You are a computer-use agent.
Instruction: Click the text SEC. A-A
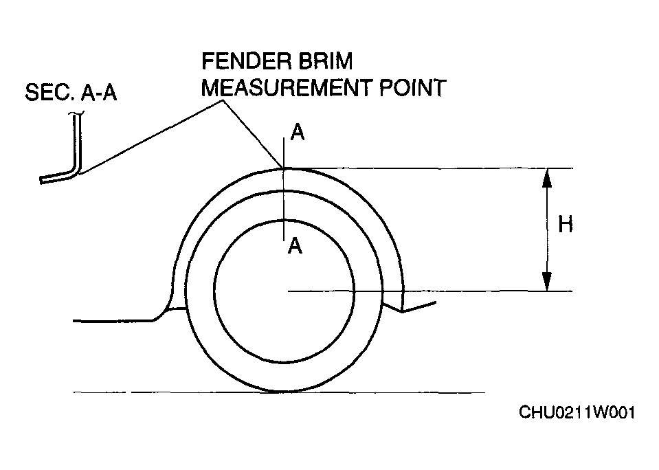[71, 93]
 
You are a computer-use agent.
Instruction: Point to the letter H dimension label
[565, 224]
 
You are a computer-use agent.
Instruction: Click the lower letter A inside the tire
[295, 246]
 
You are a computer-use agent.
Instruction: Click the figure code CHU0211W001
[577, 413]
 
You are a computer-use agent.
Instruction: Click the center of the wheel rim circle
[284, 291]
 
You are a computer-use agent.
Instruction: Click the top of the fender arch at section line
[284, 167]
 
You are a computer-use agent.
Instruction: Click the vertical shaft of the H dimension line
[546, 230]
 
